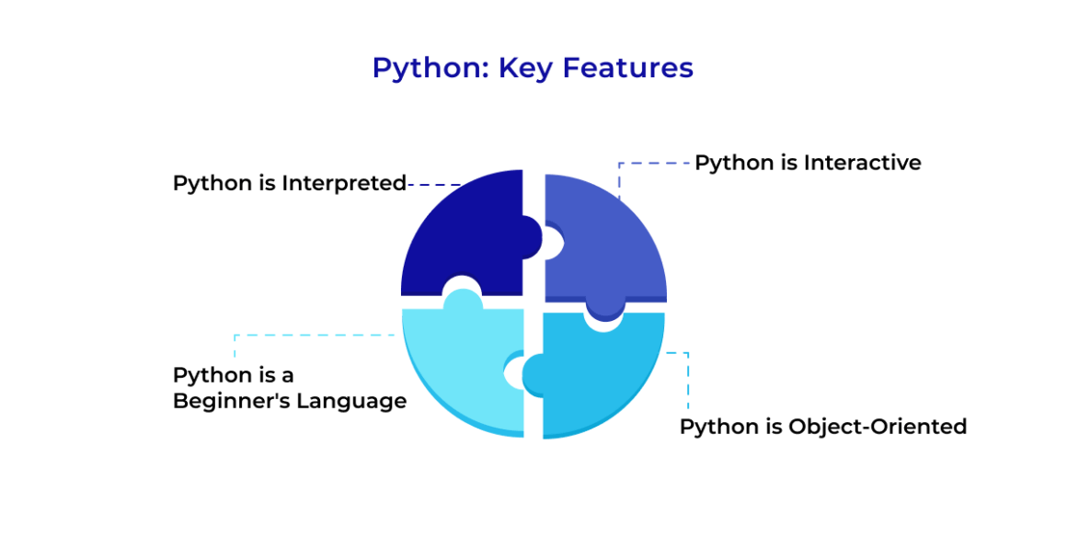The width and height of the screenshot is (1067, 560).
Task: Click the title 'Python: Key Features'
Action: click(x=533, y=69)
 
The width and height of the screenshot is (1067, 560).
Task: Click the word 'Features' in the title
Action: click(x=628, y=67)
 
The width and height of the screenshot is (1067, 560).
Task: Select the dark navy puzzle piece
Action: click(x=469, y=234)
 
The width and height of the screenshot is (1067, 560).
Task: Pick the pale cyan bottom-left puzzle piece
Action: click(x=463, y=368)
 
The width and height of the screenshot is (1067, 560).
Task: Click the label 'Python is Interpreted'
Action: click(x=289, y=185)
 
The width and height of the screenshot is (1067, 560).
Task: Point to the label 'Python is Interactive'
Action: click(x=808, y=164)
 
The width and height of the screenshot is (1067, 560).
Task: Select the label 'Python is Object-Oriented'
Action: click(x=823, y=428)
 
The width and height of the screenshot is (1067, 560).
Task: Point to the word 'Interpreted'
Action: click(x=344, y=185)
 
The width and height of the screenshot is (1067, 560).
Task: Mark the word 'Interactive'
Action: click(x=862, y=163)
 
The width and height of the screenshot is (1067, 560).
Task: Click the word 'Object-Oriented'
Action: click(x=878, y=428)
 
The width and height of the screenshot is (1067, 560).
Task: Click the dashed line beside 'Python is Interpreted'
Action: click(x=434, y=185)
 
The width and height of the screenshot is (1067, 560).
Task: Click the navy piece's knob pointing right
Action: click(x=533, y=237)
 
